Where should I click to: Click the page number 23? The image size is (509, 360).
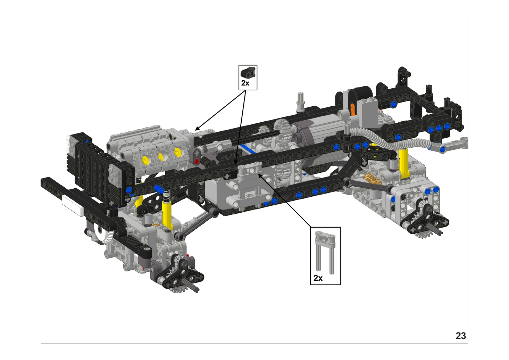(x=461, y=336)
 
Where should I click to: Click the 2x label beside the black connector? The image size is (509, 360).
(x=245, y=83)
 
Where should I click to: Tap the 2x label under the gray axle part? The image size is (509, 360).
(x=318, y=278)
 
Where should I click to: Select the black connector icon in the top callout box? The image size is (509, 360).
(x=248, y=72)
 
